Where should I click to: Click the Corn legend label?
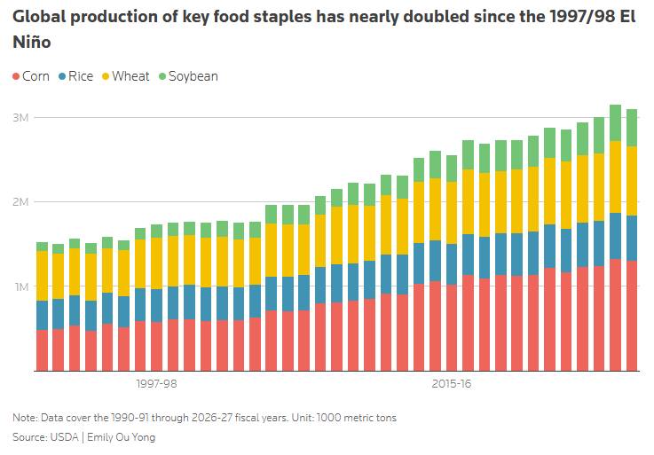(35, 76)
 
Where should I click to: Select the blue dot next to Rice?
(63, 77)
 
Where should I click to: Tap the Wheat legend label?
(130, 76)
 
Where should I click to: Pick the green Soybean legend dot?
(162, 77)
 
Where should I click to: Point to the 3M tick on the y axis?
(20, 118)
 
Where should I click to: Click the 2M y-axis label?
(20, 202)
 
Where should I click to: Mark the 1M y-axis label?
(21, 287)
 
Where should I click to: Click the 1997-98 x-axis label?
(156, 384)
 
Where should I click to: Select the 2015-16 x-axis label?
(452, 384)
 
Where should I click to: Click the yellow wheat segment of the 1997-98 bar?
(156, 263)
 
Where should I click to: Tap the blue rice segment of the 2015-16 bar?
(452, 264)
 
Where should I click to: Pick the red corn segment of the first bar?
(42, 350)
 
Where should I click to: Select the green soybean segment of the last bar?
(632, 128)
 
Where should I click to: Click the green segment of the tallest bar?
(615, 123)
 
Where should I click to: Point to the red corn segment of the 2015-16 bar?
(452, 328)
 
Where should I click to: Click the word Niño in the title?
(32, 42)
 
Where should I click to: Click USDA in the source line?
(64, 437)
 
